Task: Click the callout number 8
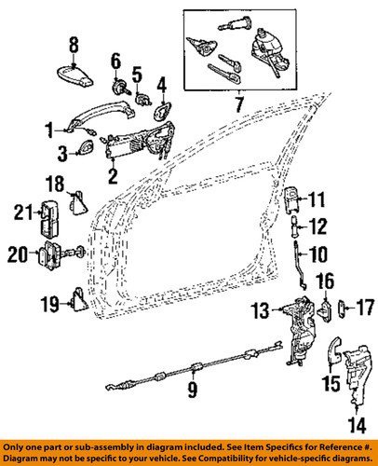pos(74,46)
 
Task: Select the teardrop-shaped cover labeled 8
pos(74,75)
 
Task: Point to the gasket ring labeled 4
pos(161,111)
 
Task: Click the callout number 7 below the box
pos(239,104)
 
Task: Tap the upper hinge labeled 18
pos(77,202)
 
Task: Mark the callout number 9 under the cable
pos(193,389)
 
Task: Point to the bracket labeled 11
pos(292,199)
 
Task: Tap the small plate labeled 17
pos(342,308)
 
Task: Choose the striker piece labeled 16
pos(325,310)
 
